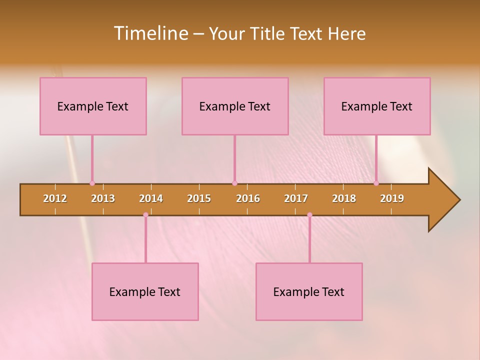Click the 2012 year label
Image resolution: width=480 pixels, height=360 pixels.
tap(55, 198)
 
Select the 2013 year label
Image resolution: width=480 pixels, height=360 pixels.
tap(103, 198)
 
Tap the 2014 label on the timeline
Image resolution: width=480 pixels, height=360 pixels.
tap(151, 198)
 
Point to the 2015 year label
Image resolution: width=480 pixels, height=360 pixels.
tap(199, 198)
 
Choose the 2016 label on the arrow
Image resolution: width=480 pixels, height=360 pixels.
tap(248, 198)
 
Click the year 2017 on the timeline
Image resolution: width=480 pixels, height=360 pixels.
tap(296, 198)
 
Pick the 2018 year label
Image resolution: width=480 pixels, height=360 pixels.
tap(344, 198)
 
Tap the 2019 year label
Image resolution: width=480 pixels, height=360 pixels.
tap(392, 198)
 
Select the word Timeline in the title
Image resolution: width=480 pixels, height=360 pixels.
tap(150, 33)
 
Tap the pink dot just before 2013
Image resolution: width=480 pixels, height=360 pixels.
tap(92, 183)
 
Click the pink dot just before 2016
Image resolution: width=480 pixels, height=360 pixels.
tap(234, 183)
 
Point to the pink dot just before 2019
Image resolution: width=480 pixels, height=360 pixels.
tap(376, 183)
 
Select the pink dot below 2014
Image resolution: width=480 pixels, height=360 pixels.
tap(145, 215)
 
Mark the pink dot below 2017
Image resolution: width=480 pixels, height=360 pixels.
tap(309, 215)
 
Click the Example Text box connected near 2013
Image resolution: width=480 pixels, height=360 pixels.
tap(93, 106)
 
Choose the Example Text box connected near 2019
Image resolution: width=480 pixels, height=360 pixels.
tap(377, 106)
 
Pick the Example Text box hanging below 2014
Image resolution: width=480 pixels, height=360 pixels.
tap(145, 291)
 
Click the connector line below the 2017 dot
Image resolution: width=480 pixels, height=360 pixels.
tap(309, 240)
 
